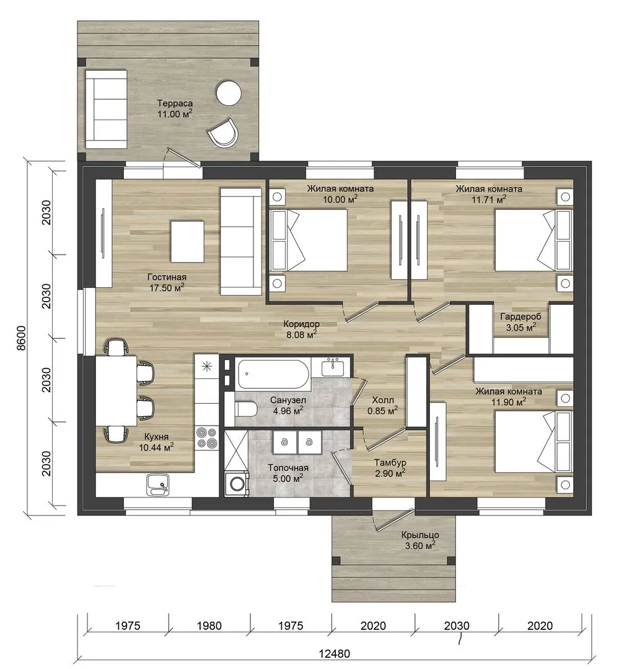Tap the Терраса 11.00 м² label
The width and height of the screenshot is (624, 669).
pyautogui.click(x=175, y=108)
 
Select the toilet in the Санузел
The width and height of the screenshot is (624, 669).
pyautogui.click(x=245, y=409)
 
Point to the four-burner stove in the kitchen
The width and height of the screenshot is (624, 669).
pyautogui.click(x=206, y=438)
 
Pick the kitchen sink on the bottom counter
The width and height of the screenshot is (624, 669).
pyautogui.click(x=157, y=484)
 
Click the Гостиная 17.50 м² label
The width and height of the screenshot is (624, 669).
pyautogui.click(x=167, y=282)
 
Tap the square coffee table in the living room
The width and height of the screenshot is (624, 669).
pyautogui.click(x=187, y=241)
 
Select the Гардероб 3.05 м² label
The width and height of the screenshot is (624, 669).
pyautogui.click(x=521, y=322)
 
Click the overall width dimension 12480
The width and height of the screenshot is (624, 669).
pyautogui.click(x=335, y=654)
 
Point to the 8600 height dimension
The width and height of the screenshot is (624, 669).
pyautogui.click(x=21, y=338)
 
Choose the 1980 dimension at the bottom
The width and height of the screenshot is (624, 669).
pyautogui.click(x=209, y=626)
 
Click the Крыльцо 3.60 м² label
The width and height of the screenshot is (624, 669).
pyautogui.click(x=420, y=540)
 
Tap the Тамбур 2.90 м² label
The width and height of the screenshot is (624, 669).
pyautogui.click(x=390, y=468)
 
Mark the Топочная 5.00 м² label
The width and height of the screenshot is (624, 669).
pyautogui.click(x=288, y=473)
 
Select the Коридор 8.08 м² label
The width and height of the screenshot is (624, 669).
pyautogui.click(x=301, y=330)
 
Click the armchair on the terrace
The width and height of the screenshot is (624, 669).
pyautogui.click(x=223, y=133)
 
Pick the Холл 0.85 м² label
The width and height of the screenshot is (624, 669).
pyautogui.click(x=383, y=405)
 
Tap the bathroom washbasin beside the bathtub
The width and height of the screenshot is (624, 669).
pyautogui.click(x=333, y=367)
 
